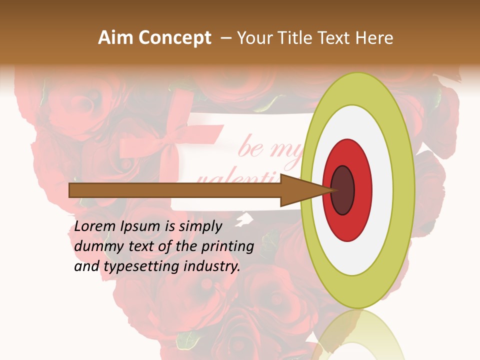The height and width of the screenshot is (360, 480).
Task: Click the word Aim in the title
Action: [x=114, y=38]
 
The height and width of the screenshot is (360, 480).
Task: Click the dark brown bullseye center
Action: [x=342, y=190]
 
